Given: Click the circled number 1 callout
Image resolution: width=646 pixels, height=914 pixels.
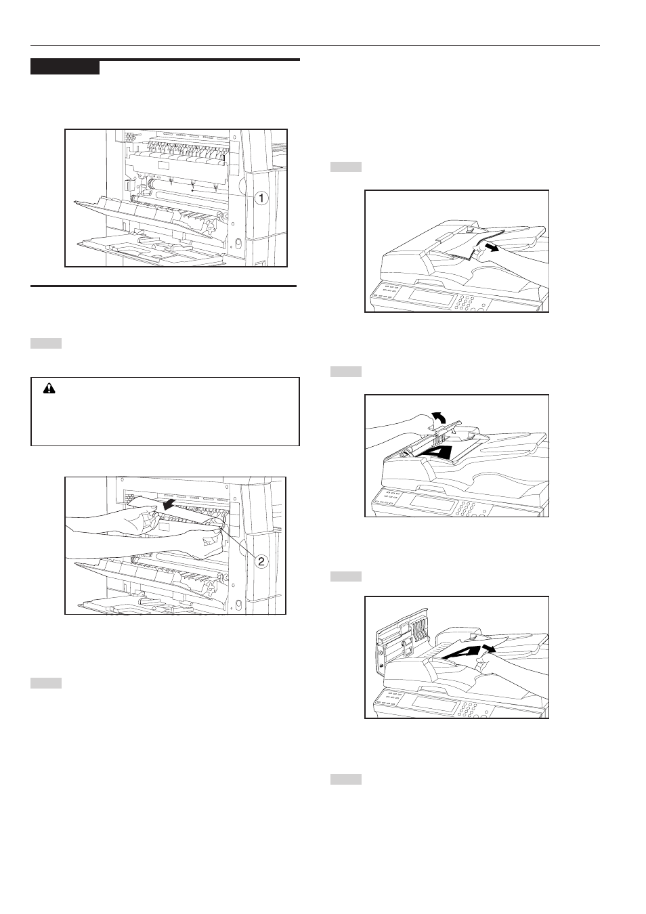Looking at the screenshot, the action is click(261, 198).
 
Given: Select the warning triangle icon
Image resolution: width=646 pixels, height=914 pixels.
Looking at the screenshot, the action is click(49, 388).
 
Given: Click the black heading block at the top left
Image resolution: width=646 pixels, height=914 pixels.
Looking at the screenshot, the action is click(65, 67).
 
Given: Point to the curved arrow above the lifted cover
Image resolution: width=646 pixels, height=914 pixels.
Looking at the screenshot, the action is click(439, 418).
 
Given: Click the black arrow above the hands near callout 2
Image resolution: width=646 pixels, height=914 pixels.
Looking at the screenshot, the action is click(171, 506).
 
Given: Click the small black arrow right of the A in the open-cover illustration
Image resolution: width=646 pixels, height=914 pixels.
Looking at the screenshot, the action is click(490, 649).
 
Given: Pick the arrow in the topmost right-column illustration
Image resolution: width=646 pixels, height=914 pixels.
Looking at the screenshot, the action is click(490, 248).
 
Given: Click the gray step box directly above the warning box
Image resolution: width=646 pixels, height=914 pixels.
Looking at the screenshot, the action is click(46, 343).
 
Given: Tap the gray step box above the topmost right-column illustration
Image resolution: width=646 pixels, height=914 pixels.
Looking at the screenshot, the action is click(346, 167).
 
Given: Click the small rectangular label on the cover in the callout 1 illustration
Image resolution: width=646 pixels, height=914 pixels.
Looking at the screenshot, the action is click(163, 165).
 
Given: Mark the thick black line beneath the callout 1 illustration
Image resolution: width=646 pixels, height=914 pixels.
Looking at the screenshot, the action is click(163, 286).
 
